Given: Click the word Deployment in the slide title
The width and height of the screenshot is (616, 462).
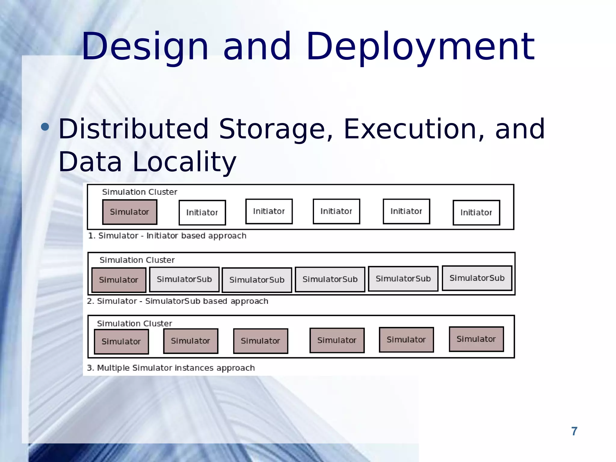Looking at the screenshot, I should point(420,48).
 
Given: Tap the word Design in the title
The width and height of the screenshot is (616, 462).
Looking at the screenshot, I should point(145,48).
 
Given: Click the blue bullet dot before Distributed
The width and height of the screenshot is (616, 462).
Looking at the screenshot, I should point(45,127).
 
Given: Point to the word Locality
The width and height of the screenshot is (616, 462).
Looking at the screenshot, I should point(184,162).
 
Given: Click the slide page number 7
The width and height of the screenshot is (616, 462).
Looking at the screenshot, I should point(574,431).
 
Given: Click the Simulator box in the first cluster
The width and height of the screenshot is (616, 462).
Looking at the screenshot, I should point(130,212).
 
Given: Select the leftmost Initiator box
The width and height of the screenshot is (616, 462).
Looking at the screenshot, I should point(202,213).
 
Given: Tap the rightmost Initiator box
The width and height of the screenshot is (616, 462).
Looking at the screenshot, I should point(476,213).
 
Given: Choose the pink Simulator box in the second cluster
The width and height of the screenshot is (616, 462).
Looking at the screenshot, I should point(119,280).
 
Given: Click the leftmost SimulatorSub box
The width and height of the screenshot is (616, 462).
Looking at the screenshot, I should point(184,279).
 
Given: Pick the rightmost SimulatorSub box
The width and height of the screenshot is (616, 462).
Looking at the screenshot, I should point(477,278).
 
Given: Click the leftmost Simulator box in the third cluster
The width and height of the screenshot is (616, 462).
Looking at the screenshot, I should point(121,342).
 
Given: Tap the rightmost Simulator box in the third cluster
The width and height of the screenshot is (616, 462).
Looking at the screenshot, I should point(476,339).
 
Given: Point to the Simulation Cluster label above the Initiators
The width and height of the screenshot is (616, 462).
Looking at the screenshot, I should point(140,192).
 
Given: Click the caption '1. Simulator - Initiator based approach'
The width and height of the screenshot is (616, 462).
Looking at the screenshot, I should point(167,236).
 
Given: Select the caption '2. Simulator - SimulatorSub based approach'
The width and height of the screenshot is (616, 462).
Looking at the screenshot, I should point(177,301).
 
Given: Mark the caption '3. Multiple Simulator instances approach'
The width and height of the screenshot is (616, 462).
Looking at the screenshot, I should point(171,368).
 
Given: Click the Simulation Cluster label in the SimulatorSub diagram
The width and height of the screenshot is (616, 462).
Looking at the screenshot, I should point(137,260).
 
